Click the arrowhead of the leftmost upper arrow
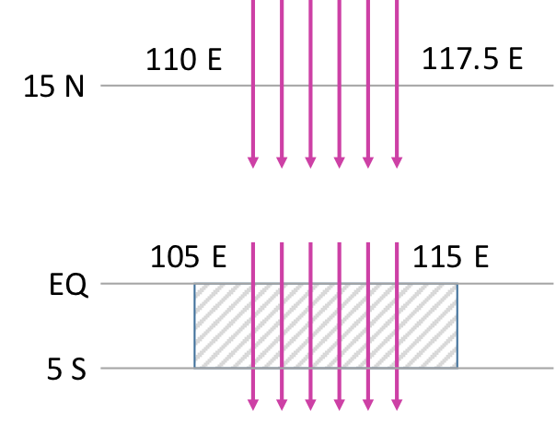click(x=253, y=163)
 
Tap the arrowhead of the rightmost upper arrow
click(x=397, y=163)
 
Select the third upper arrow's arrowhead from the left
click(x=310, y=163)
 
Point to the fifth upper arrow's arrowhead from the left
click(x=368, y=163)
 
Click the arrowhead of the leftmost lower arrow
click(x=253, y=405)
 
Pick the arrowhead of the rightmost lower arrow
click(x=397, y=405)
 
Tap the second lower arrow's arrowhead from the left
click(x=282, y=405)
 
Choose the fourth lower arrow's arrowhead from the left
click(x=339, y=405)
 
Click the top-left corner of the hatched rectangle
click(x=195, y=284)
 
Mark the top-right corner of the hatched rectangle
click(x=457, y=284)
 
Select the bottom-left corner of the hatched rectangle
click(x=195, y=368)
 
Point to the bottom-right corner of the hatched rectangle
click(x=457, y=368)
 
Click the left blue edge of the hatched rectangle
click(x=195, y=325)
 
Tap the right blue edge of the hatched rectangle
click(x=457, y=325)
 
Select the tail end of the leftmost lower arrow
click(x=253, y=243)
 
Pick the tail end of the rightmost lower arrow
click(x=397, y=243)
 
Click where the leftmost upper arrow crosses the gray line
click(x=253, y=85)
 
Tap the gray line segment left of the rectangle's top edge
click(x=147, y=284)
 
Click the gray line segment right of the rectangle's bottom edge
click(x=505, y=368)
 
